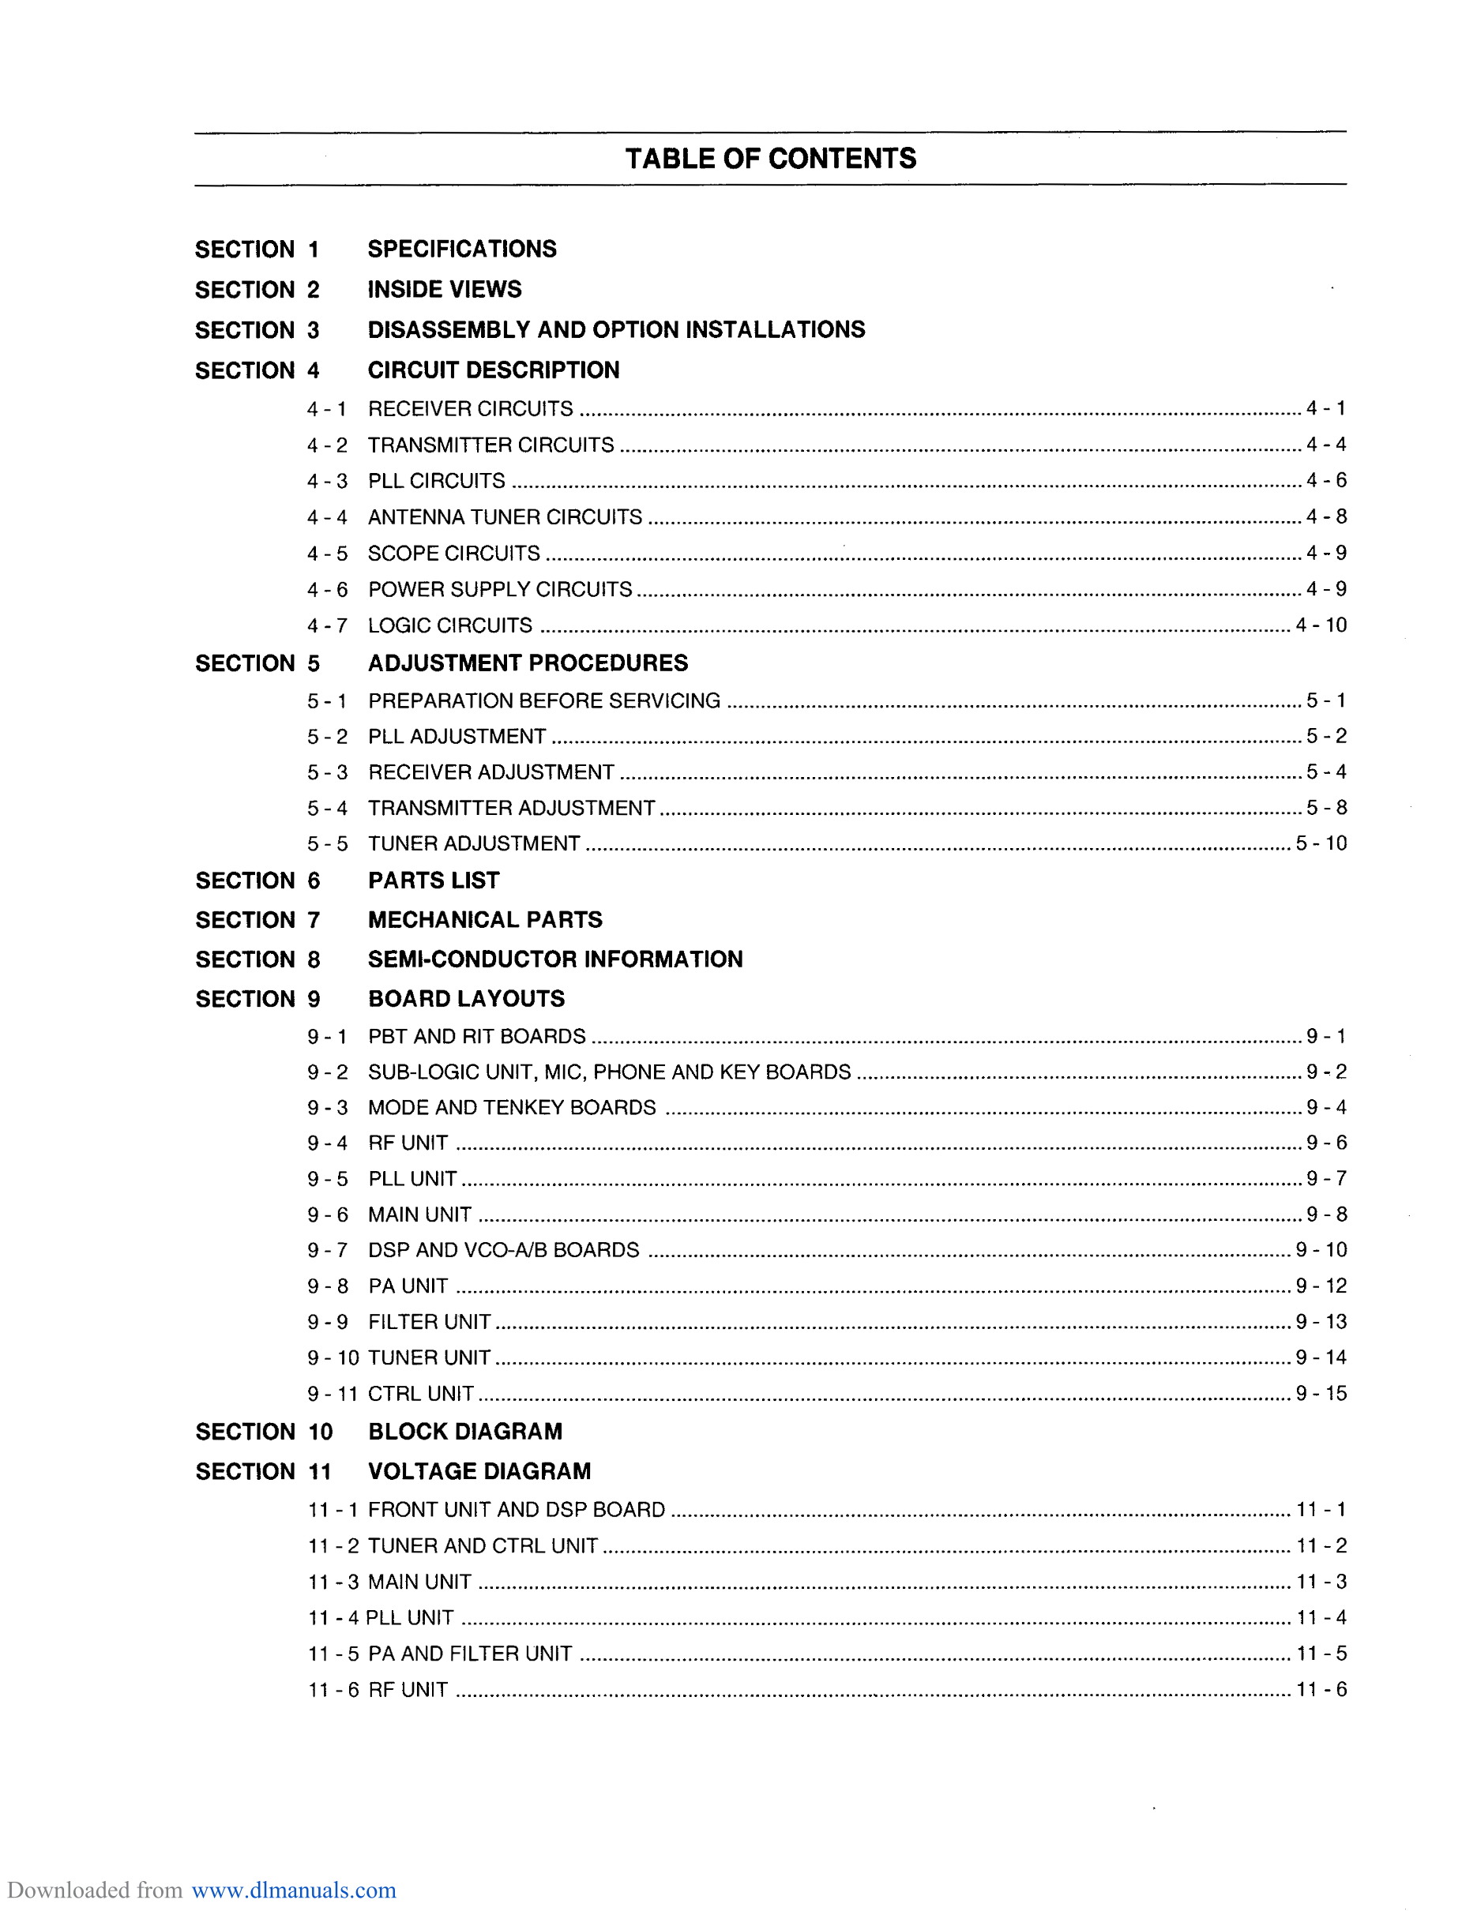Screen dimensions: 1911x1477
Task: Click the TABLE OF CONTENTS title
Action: point(770,159)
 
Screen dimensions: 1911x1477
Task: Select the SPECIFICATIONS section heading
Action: point(461,250)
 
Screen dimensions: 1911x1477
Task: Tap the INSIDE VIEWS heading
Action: point(444,290)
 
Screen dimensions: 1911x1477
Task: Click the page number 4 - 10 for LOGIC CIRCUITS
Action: point(1321,625)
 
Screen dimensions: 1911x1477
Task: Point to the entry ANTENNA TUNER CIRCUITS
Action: point(505,518)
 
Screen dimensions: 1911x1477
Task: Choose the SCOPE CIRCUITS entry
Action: point(453,554)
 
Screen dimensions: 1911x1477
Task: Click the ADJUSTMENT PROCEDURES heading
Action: point(528,663)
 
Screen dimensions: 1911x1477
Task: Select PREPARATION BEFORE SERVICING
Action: point(543,701)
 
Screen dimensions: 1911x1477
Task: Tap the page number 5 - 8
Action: point(1325,808)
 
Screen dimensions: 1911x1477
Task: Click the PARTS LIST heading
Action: point(433,880)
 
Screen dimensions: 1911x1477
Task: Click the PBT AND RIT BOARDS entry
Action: point(476,1037)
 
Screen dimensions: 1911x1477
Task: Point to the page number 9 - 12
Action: point(1321,1286)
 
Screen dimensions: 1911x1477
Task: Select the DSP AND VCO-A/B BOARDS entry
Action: point(503,1250)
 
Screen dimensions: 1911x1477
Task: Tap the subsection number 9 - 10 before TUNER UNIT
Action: point(333,1358)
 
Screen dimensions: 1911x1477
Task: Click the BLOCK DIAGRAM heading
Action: point(464,1432)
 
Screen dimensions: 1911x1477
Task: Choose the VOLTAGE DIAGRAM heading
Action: point(479,1472)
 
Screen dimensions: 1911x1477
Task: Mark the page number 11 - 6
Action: point(1321,1690)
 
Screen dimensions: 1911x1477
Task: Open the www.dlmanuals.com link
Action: point(293,1890)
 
